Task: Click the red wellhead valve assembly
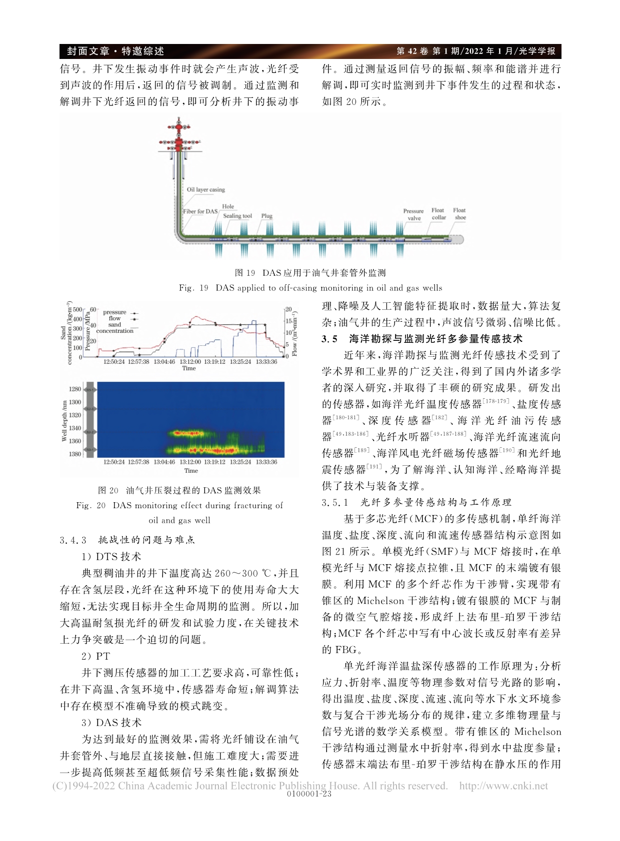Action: click(x=178, y=135)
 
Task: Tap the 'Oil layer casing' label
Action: click(x=205, y=190)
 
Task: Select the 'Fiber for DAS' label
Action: click(x=200, y=211)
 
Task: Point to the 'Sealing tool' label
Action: click(x=237, y=216)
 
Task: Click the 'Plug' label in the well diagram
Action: click(x=266, y=216)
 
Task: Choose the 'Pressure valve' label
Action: click(x=413, y=214)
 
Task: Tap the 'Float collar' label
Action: click(x=438, y=214)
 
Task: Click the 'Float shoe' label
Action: click(x=459, y=214)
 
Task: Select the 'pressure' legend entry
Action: click(x=114, y=312)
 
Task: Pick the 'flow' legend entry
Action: click(x=114, y=318)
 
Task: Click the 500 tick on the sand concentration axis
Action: click(x=77, y=310)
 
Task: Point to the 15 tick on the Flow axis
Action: click(x=288, y=321)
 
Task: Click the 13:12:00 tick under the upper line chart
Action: click(x=190, y=361)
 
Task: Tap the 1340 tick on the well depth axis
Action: click(x=75, y=428)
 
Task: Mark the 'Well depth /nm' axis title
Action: click(x=64, y=421)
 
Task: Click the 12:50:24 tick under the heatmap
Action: click(x=114, y=462)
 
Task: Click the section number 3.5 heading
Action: click(x=329, y=339)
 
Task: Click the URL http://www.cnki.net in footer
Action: click(x=503, y=786)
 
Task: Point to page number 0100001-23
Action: click(x=309, y=795)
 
